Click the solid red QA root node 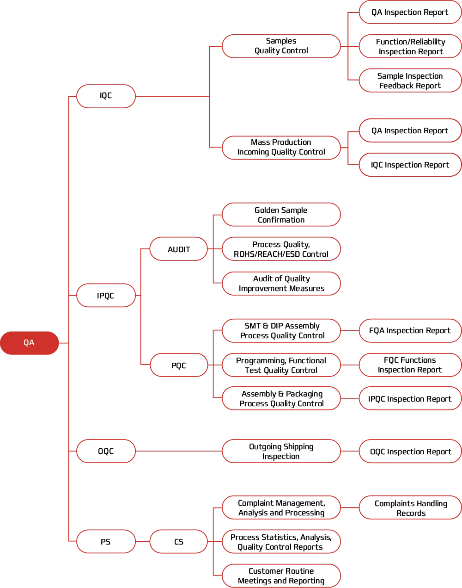(29, 343)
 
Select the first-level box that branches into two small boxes (106, 296)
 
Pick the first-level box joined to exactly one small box (106, 542)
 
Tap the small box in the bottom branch (179, 542)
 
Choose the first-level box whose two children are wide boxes (106, 97)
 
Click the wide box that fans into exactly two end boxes (281, 148)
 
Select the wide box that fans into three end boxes (281, 46)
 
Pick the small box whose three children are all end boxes (179, 249)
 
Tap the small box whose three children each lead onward (179, 365)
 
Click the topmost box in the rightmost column (410, 12)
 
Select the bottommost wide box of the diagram (281, 576)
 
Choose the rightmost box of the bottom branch (410, 508)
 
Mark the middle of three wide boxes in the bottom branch (281, 542)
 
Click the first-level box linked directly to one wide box (106, 451)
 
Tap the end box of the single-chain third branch (410, 451)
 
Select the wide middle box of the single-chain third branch (281, 451)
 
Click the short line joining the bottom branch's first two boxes (142, 542)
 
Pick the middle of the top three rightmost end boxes (410, 46)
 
